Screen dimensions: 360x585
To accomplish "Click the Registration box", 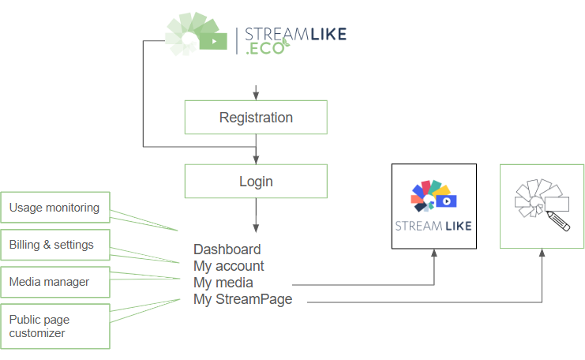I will pyautogui.click(x=256, y=118).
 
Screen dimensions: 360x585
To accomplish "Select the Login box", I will pyautogui.click(x=256, y=181).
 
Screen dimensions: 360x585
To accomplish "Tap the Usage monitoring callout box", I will pyautogui.click(x=54, y=208).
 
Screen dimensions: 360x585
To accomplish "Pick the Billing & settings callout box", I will pyautogui.click(x=54, y=245).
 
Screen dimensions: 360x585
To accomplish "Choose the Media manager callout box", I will pyautogui.click(x=54, y=282).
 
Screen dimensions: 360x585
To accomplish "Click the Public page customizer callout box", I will pyautogui.click(x=54, y=326).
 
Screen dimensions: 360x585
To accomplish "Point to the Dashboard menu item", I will pyautogui.click(x=227, y=249).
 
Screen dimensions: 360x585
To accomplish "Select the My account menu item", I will pyautogui.click(x=229, y=266).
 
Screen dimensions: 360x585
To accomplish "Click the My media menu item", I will pyautogui.click(x=223, y=283).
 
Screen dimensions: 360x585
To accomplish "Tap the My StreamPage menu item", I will pyautogui.click(x=242, y=299).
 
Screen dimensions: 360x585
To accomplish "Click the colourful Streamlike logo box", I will pyautogui.click(x=433, y=206).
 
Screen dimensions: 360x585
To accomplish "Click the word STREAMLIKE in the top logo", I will pyautogui.click(x=295, y=35).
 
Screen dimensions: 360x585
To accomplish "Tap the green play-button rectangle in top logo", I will pyautogui.click(x=212, y=40).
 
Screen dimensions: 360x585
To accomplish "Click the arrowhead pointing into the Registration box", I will pyautogui.click(x=256, y=96).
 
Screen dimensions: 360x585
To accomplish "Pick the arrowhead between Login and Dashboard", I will pyautogui.click(x=256, y=225).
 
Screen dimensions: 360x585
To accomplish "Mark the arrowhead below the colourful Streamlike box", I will pyautogui.click(x=433, y=255).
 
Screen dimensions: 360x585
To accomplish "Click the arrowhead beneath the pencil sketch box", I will pyautogui.click(x=542, y=255).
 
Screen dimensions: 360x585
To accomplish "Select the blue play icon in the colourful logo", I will pyautogui.click(x=447, y=201).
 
